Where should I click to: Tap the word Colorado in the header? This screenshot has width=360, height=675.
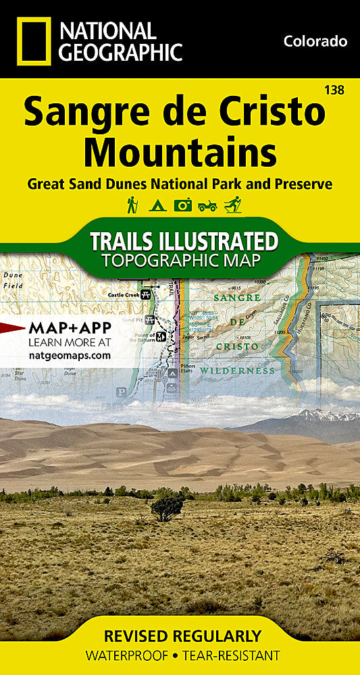click(315, 42)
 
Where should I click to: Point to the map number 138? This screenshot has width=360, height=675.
click(332, 88)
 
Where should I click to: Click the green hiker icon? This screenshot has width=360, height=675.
click(132, 205)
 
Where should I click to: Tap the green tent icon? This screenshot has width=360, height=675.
click(157, 205)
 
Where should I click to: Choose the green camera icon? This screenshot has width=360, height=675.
click(182, 205)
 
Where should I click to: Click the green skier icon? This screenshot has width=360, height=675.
click(232, 205)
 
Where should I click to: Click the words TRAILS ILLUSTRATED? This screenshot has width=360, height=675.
click(184, 242)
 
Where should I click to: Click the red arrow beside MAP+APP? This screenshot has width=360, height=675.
click(11, 328)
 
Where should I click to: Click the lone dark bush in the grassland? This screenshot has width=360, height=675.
click(166, 508)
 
